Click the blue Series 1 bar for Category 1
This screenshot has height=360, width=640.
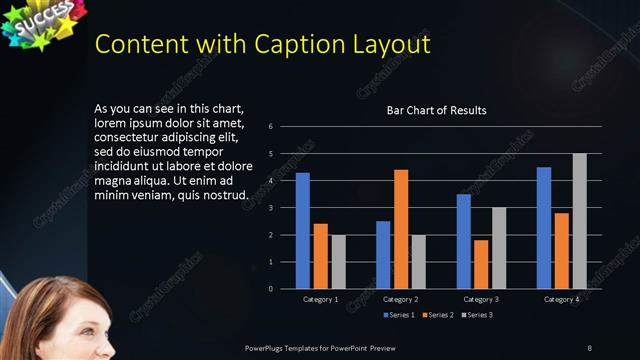303,231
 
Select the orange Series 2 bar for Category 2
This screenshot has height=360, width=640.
401,229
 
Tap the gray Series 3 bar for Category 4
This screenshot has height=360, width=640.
579,221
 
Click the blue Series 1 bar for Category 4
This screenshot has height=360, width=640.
544,228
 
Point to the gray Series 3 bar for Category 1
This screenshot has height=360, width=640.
338,262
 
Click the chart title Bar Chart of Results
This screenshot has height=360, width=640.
436,110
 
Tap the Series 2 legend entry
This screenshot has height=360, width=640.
439,315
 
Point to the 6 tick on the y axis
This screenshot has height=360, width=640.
270,127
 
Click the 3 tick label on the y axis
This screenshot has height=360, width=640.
270,208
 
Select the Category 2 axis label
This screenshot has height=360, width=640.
401,299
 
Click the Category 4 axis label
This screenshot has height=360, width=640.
561,299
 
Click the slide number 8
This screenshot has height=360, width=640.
588,347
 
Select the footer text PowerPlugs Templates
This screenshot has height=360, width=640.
290,347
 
